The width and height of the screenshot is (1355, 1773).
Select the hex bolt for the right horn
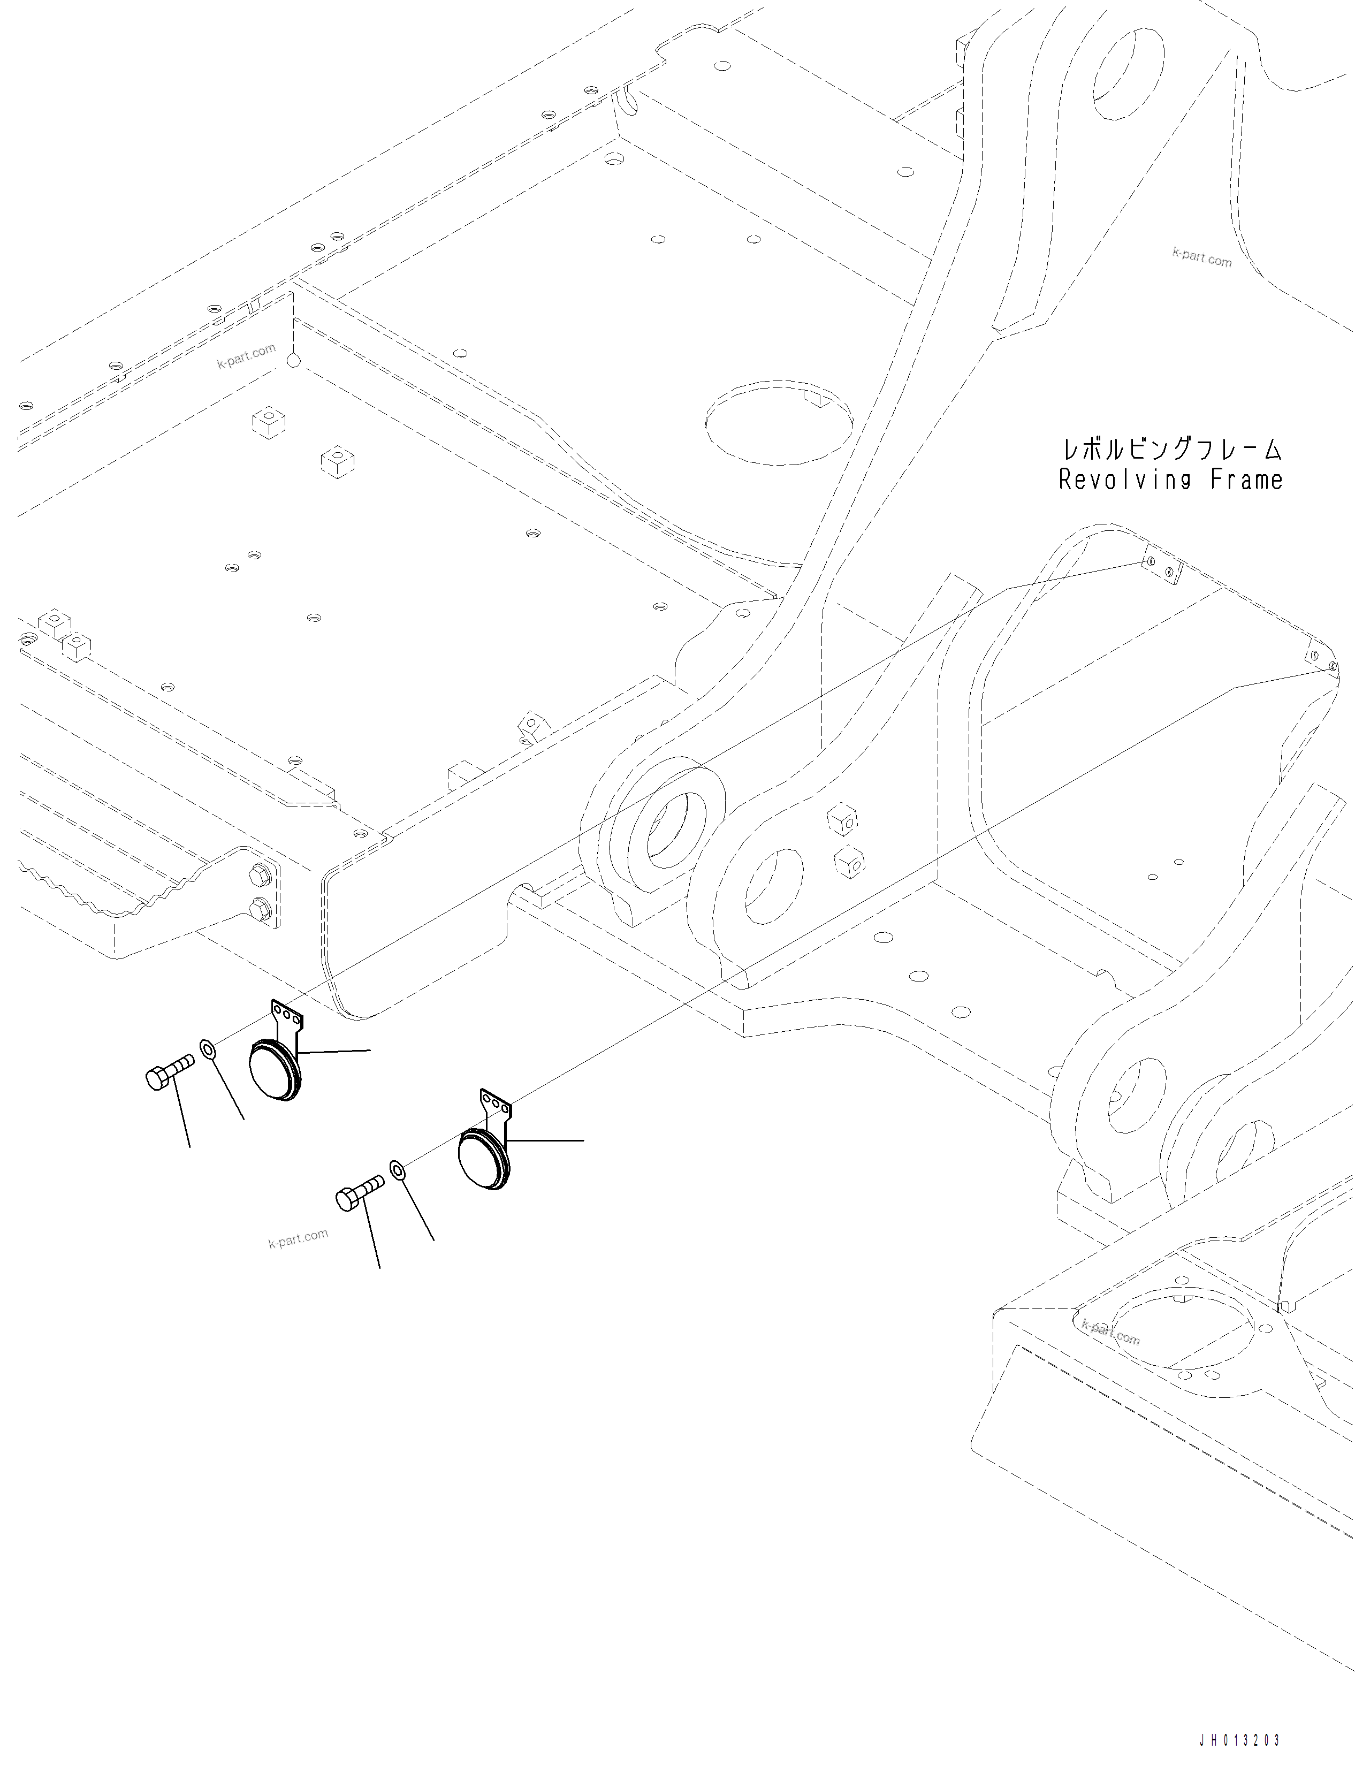click(359, 1193)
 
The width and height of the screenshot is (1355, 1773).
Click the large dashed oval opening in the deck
click(778, 422)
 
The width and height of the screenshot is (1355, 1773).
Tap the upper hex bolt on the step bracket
click(260, 873)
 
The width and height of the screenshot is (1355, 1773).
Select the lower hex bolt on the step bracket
click(260, 910)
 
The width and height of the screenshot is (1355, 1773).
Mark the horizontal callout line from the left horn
click(334, 1052)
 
